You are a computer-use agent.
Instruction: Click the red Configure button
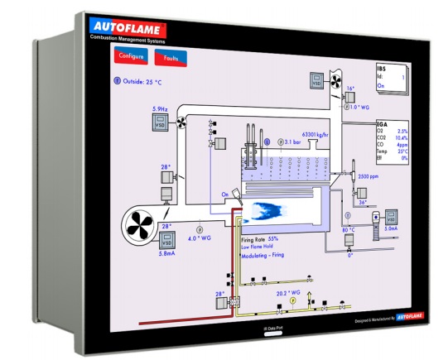click(x=132, y=57)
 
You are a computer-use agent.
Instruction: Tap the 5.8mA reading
click(x=166, y=254)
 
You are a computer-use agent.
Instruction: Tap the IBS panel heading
click(x=382, y=69)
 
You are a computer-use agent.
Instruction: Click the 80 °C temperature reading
click(x=348, y=230)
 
